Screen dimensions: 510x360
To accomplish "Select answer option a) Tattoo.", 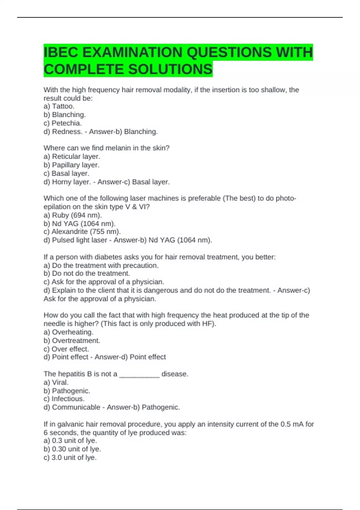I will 59,106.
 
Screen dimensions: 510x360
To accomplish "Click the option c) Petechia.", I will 63,123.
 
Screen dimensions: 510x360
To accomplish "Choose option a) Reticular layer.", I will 72,156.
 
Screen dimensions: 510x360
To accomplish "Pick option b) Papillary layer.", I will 71,165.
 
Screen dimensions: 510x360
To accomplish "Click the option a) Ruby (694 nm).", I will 73,215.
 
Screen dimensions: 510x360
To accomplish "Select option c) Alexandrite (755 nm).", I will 82,232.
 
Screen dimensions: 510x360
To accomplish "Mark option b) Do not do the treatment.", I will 87,273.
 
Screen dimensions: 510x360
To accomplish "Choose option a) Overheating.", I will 68,332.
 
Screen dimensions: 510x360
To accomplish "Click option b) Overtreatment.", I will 72,340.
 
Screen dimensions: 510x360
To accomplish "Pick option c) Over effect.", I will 66,349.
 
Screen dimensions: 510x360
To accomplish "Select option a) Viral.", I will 56,382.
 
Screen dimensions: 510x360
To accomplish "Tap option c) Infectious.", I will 64,399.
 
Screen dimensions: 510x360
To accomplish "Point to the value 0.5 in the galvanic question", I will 285,424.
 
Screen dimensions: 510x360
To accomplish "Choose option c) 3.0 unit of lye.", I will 70,457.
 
